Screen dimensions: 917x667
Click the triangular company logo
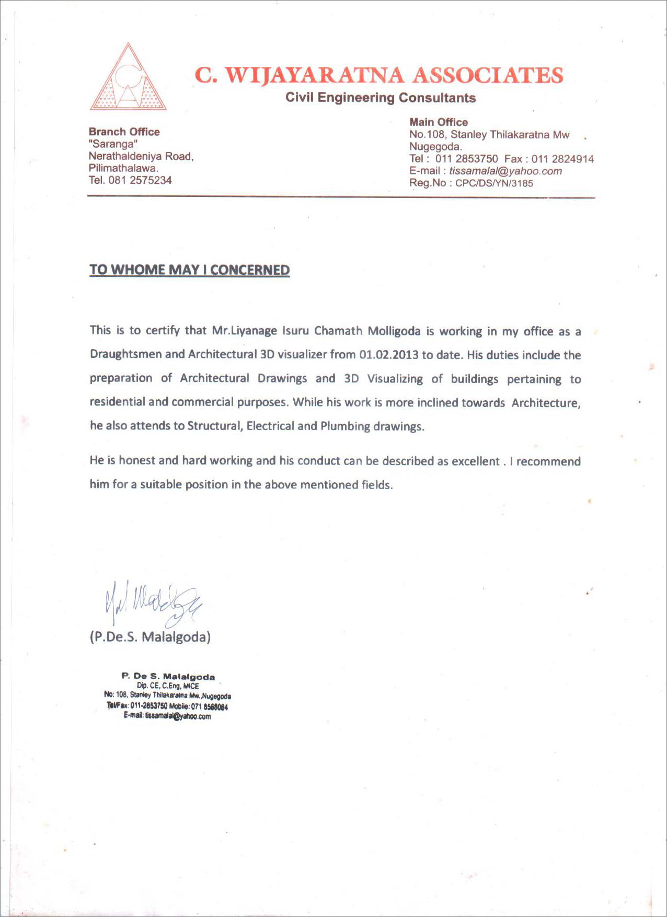pyautogui.click(x=128, y=78)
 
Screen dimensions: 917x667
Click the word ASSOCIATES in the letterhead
pyautogui.click(x=488, y=75)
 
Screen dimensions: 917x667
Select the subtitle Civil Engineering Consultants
pyautogui.click(x=380, y=98)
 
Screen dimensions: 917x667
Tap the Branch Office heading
pyautogui.click(x=124, y=132)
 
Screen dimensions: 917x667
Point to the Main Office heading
pyautogui.click(x=438, y=122)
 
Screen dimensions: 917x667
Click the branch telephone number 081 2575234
pyautogui.click(x=140, y=180)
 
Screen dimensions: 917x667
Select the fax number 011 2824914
pyautogui.click(x=562, y=159)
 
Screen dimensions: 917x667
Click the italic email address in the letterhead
pyautogui.click(x=505, y=171)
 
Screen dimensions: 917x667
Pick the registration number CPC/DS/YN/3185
pyautogui.click(x=494, y=183)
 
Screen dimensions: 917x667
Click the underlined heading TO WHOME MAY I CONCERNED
pyautogui.click(x=189, y=270)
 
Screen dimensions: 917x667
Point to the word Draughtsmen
pyautogui.click(x=125, y=354)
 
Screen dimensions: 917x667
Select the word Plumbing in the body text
pyautogui.click(x=345, y=426)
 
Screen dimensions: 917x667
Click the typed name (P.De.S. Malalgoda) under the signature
pyautogui.click(x=150, y=637)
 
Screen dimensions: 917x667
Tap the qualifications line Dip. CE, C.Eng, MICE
pyautogui.click(x=167, y=686)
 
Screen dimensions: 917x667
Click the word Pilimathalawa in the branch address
pyautogui.click(x=123, y=168)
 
